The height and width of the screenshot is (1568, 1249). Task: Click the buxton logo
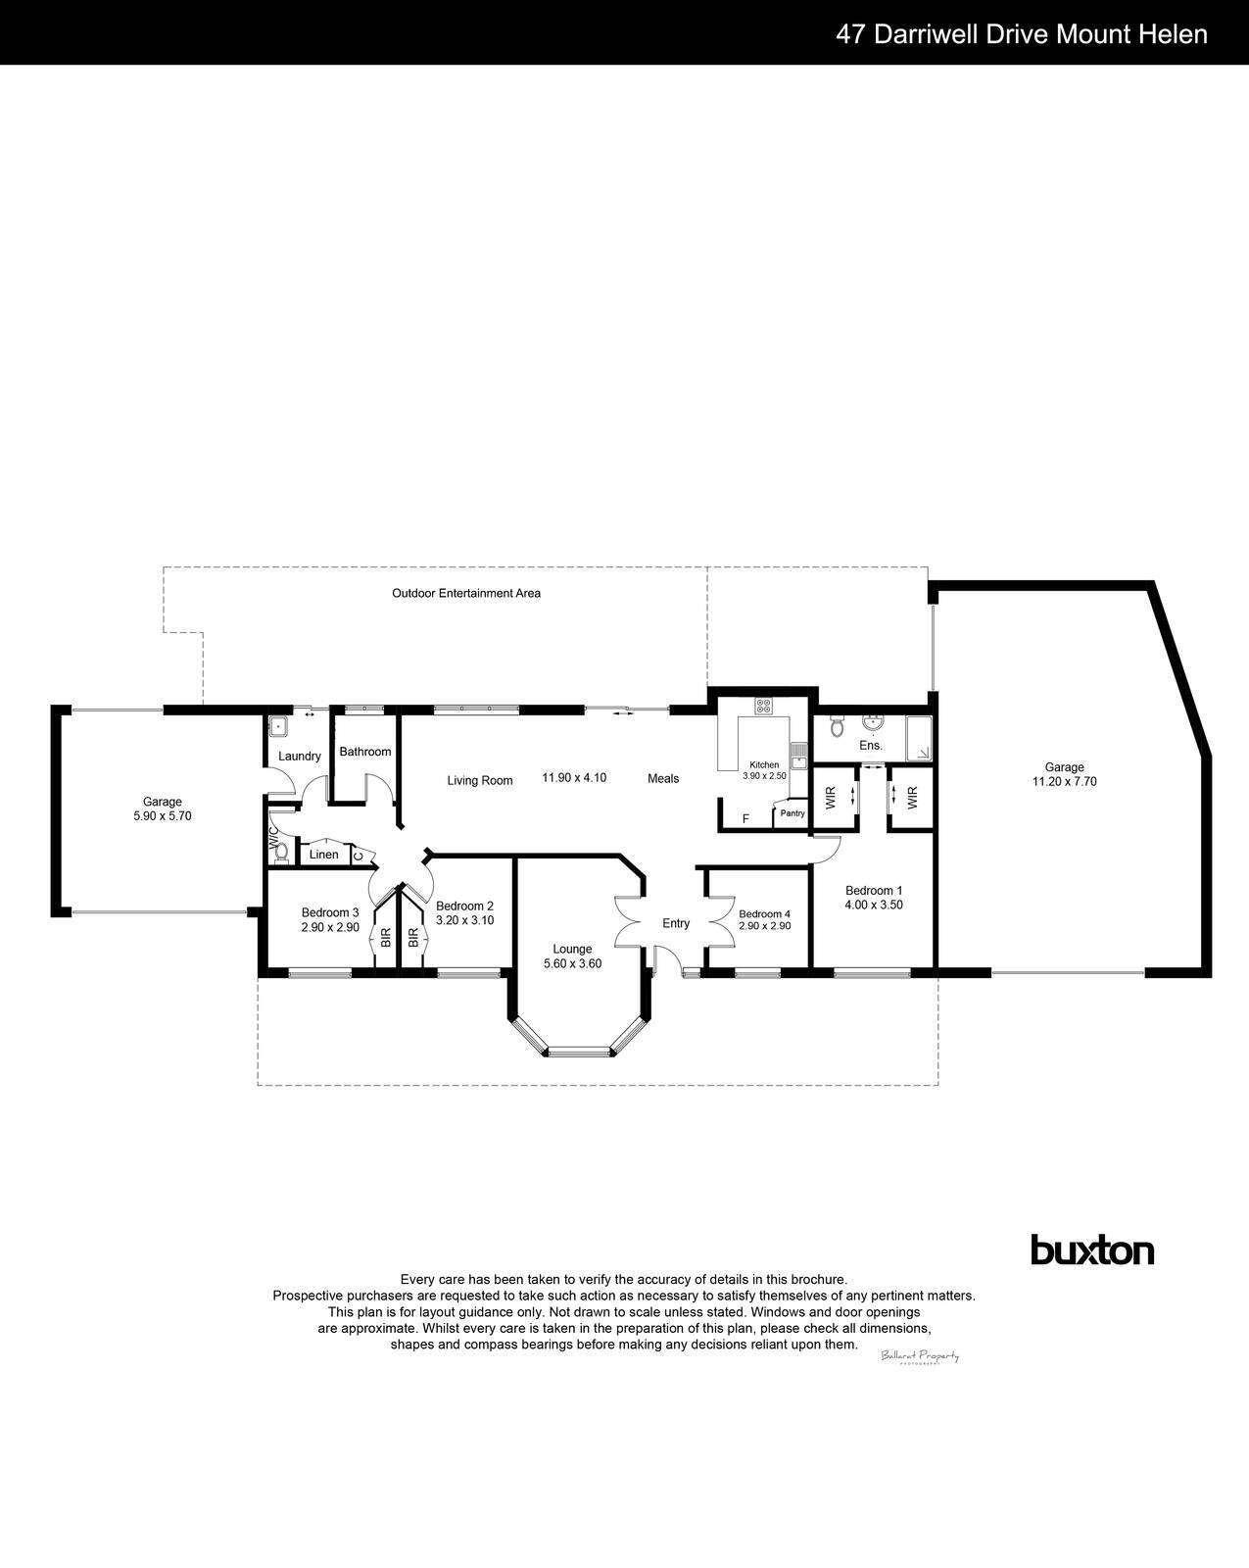pos(1092,1250)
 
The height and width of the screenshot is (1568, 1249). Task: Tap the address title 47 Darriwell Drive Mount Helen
pos(1021,34)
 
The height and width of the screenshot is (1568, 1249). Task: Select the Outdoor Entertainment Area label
pos(466,593)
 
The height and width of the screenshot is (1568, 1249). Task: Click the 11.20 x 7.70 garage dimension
pos(1064,782)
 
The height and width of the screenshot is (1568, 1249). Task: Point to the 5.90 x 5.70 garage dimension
pos(162,815)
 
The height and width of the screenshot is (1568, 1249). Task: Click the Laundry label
pos(299,757)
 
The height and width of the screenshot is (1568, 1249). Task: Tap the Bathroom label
pos(364,752)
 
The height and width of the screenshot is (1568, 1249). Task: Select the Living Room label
pos(480,781)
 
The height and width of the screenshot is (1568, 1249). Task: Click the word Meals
pos(663,778)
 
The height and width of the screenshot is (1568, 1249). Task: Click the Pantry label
pos(793,813)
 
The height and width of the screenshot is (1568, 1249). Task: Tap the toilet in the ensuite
pos(836,726)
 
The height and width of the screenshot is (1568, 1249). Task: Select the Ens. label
pos(871,746)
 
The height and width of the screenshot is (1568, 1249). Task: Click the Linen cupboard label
pos(323,855)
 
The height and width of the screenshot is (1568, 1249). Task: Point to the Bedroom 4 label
pos(764,913)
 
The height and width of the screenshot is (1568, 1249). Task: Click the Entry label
pos(676,923)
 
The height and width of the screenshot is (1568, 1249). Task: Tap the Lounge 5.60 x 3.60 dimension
pos(572,963)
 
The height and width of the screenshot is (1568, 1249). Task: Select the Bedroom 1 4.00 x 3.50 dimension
pos(873,905)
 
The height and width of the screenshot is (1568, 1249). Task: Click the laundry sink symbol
pos(278,727)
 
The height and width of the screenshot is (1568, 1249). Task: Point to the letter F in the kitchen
pos(745,818)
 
